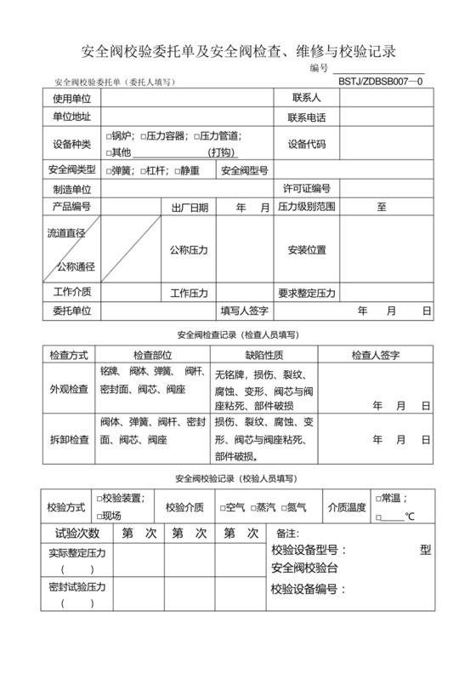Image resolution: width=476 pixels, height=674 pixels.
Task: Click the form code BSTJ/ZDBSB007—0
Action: (x=380, y=82)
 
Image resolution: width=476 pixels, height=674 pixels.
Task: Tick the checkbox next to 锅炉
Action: (x=109, y=136)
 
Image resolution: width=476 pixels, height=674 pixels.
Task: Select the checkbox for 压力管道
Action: (x=197, y=136)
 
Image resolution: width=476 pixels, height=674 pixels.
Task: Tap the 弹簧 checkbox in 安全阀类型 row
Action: (x=109, y=170)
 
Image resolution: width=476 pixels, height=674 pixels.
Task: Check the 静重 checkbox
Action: (x=178, y=170)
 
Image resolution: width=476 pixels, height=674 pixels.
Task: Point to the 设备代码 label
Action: (x=306, y=144)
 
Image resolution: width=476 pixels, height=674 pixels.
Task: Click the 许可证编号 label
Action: (x=306, y=188)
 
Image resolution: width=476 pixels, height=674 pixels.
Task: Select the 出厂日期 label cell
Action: (x=189, y=207)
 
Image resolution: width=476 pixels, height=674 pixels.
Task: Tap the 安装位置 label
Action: (x=306, y=250)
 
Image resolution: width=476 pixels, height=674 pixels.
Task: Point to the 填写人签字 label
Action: (x=245, y=311)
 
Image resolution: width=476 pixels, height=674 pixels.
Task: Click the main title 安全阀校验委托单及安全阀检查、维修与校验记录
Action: (x=238, y=51)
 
